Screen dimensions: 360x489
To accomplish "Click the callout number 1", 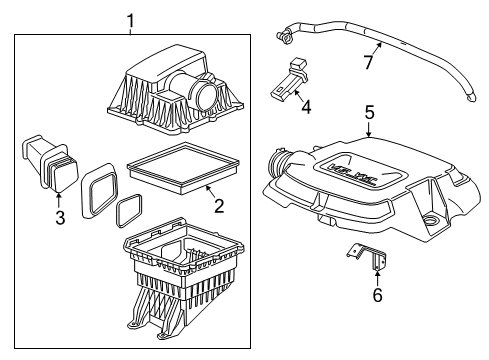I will (129, 19).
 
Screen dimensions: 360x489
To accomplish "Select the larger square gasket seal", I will (98, 187).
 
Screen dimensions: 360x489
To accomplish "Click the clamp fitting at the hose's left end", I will (284, 39).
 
